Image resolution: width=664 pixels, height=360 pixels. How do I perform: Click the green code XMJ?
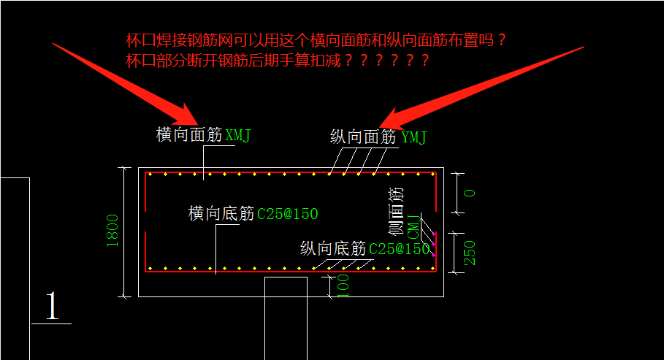[238, 135]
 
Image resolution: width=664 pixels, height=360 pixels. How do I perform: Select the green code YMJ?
[413, 137]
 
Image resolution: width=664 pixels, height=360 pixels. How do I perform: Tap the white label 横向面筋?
[189, 134]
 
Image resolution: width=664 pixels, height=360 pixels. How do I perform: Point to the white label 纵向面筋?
[363, 137]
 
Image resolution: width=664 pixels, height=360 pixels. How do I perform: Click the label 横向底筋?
[221, 213]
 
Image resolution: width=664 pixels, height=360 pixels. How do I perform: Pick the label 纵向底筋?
[333, 248]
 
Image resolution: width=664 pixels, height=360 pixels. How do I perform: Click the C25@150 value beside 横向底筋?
[288, 214]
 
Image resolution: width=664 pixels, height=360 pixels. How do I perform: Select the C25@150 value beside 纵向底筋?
[400, 249]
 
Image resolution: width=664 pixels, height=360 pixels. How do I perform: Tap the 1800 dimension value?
[112, 231]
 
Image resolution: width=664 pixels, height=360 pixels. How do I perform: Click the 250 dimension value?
[470, 253]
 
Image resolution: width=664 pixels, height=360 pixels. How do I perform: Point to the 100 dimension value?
[343, 286]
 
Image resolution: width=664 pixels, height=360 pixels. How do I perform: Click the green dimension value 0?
[470, 193]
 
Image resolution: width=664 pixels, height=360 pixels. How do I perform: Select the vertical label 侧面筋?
[396, 211]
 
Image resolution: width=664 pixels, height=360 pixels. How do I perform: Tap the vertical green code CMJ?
[413, 227]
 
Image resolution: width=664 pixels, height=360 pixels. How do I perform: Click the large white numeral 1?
[52, 305]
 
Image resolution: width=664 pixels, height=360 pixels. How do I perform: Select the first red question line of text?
[316, 40]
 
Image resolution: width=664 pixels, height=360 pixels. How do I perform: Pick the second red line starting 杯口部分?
[278, 61]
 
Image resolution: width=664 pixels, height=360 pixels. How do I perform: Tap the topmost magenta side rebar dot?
[433, 234]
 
